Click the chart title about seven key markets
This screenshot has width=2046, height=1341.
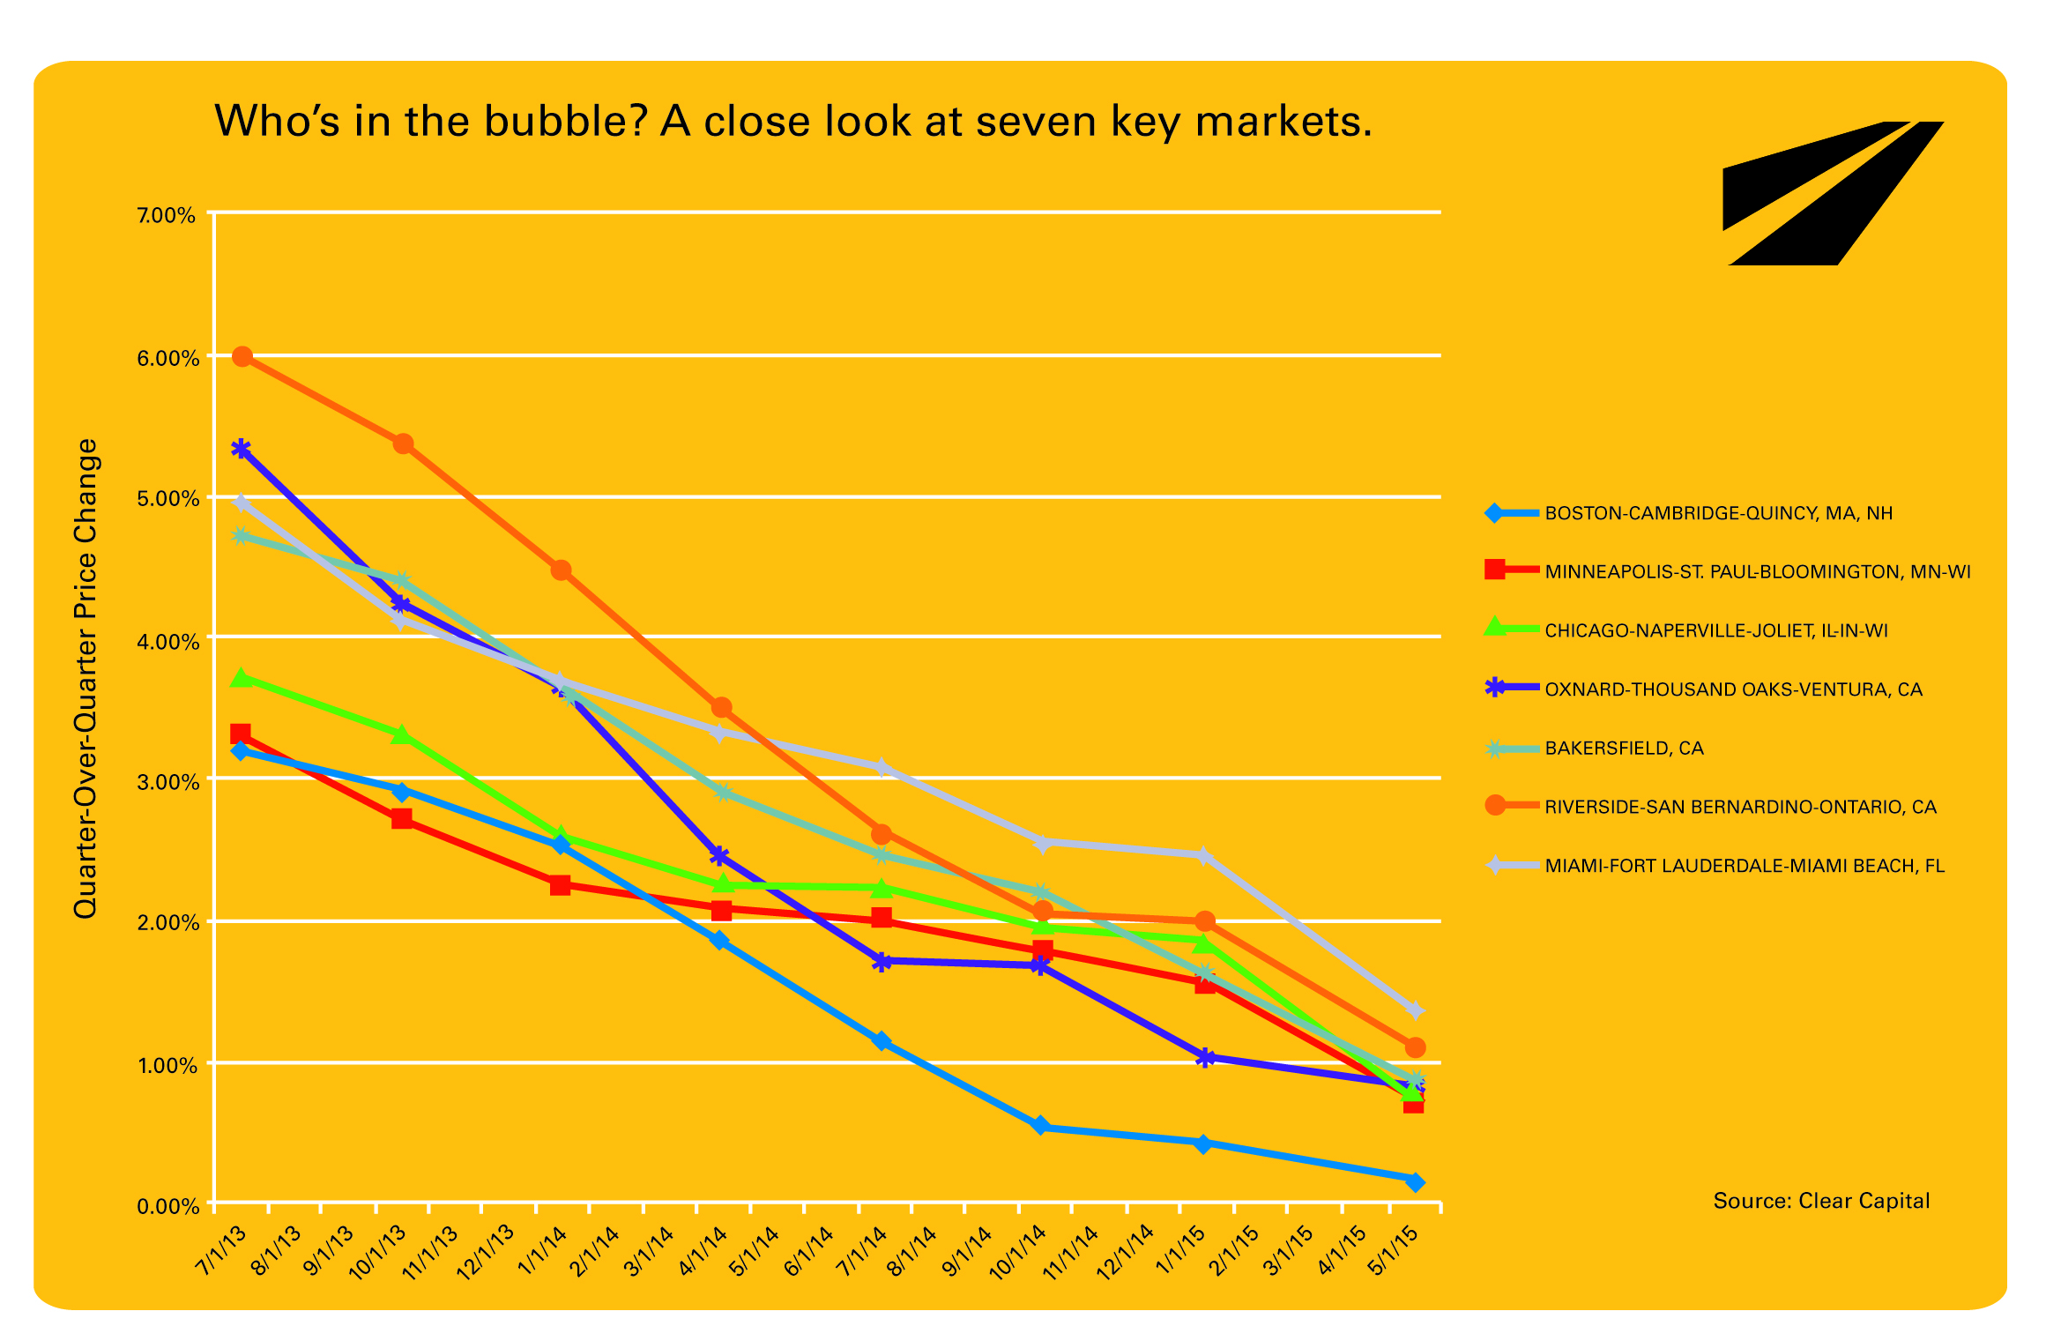coord(793,121)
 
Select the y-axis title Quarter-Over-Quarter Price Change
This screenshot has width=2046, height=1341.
coord(86,678)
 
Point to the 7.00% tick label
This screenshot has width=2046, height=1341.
coord(167,216)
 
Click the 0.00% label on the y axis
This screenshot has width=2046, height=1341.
coord(167,1206)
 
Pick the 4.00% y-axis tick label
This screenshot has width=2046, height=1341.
coord(167,642)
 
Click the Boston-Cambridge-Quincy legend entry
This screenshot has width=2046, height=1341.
coord(1718,513)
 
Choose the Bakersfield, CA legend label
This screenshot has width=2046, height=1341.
coord(1624,749)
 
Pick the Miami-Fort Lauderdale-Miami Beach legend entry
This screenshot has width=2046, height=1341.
coord(1744,866)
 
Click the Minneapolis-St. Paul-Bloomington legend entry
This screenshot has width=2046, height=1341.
coord(1757,572)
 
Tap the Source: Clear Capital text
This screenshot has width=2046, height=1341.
coord(1821,1201)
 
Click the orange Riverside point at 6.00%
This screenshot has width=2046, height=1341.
coord(242,357)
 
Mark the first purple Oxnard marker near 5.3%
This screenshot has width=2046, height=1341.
coord(241,450)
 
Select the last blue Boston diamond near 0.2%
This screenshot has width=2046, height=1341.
coord(1415,1182)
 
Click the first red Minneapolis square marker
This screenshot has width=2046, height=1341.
coord(241,734)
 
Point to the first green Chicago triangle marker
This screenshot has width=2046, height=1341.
coord(242,678)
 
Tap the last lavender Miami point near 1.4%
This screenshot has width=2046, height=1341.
coord(1415,1010)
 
